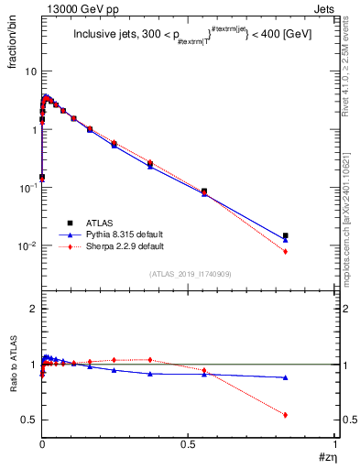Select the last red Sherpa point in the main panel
click(x=286, y=251)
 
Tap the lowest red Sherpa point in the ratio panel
click(x=286, y=415)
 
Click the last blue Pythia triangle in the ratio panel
click(x=286, y=377)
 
